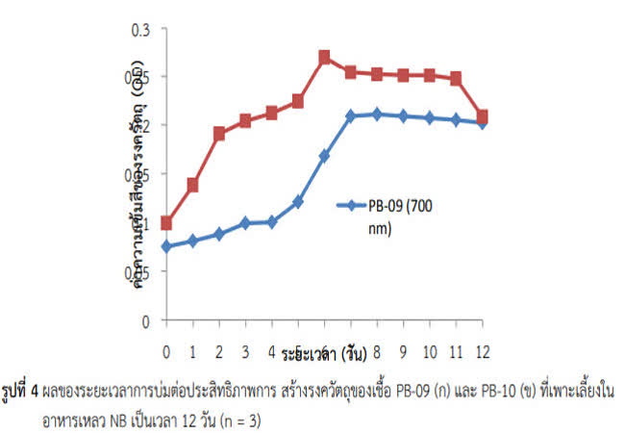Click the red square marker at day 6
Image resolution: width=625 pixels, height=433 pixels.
pyautogui.click(x=324, y=57)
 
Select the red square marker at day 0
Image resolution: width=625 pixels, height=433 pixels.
pyautogui.click(x=166, y=222)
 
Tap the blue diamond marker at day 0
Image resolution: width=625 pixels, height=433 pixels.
pyautogui.click(x=166, y=246)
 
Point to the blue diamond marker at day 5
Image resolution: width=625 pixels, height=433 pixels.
pyautogui.click(x=298, y=202)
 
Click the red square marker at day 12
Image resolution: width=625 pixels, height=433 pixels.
pyautogui.click(x=483, y=116)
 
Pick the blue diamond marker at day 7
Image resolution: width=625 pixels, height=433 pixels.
pyautogui.click(x=351, y=115)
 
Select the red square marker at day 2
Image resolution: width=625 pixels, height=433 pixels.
pyautogui.click(x=219, y=134)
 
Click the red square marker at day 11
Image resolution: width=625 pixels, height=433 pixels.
pyautogui.click(x=456, y=78)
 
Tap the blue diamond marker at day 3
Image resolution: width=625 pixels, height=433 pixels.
pyautogui.click(x=245, y=222)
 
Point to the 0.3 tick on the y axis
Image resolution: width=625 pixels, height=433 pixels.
pyautogui.click(x=142, y=28)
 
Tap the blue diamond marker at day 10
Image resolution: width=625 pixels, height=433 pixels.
pyautogui.click(x=430, y=117)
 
